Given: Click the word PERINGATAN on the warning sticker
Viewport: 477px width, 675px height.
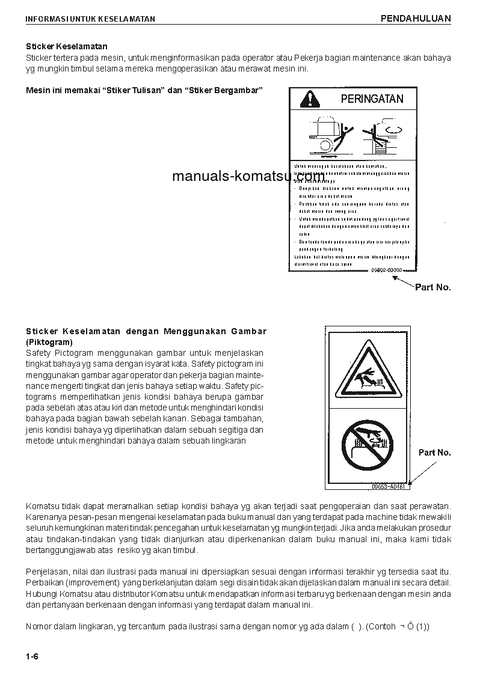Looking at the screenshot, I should click(x=372, y=99).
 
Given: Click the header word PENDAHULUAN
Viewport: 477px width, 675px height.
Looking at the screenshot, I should click(x=416, y=19).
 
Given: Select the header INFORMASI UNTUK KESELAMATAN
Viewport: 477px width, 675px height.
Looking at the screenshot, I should click(x=90, y=19).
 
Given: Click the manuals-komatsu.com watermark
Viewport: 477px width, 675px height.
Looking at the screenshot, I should click(x=248, y=176).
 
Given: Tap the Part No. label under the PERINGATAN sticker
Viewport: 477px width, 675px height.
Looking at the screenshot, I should click(x=432, y=287).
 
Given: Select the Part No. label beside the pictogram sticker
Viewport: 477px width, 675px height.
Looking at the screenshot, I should click(x=434, y=452).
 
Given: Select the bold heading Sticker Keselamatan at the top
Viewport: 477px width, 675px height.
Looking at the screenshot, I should click(x=67, y=46).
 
